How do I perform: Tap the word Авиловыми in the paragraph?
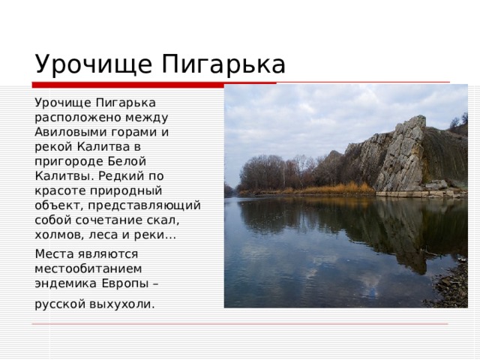(66, 130)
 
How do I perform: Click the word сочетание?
(106, 219)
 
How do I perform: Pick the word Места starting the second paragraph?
(53, 253)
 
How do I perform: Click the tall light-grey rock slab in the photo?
(400, 154)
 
